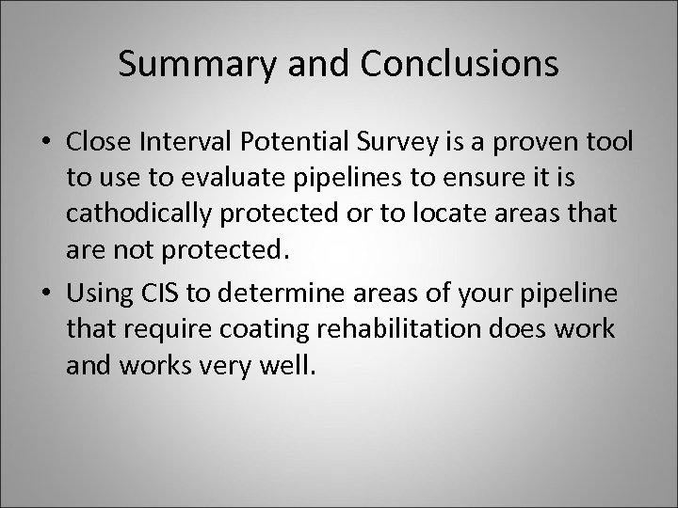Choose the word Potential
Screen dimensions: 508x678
coord(289,141)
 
